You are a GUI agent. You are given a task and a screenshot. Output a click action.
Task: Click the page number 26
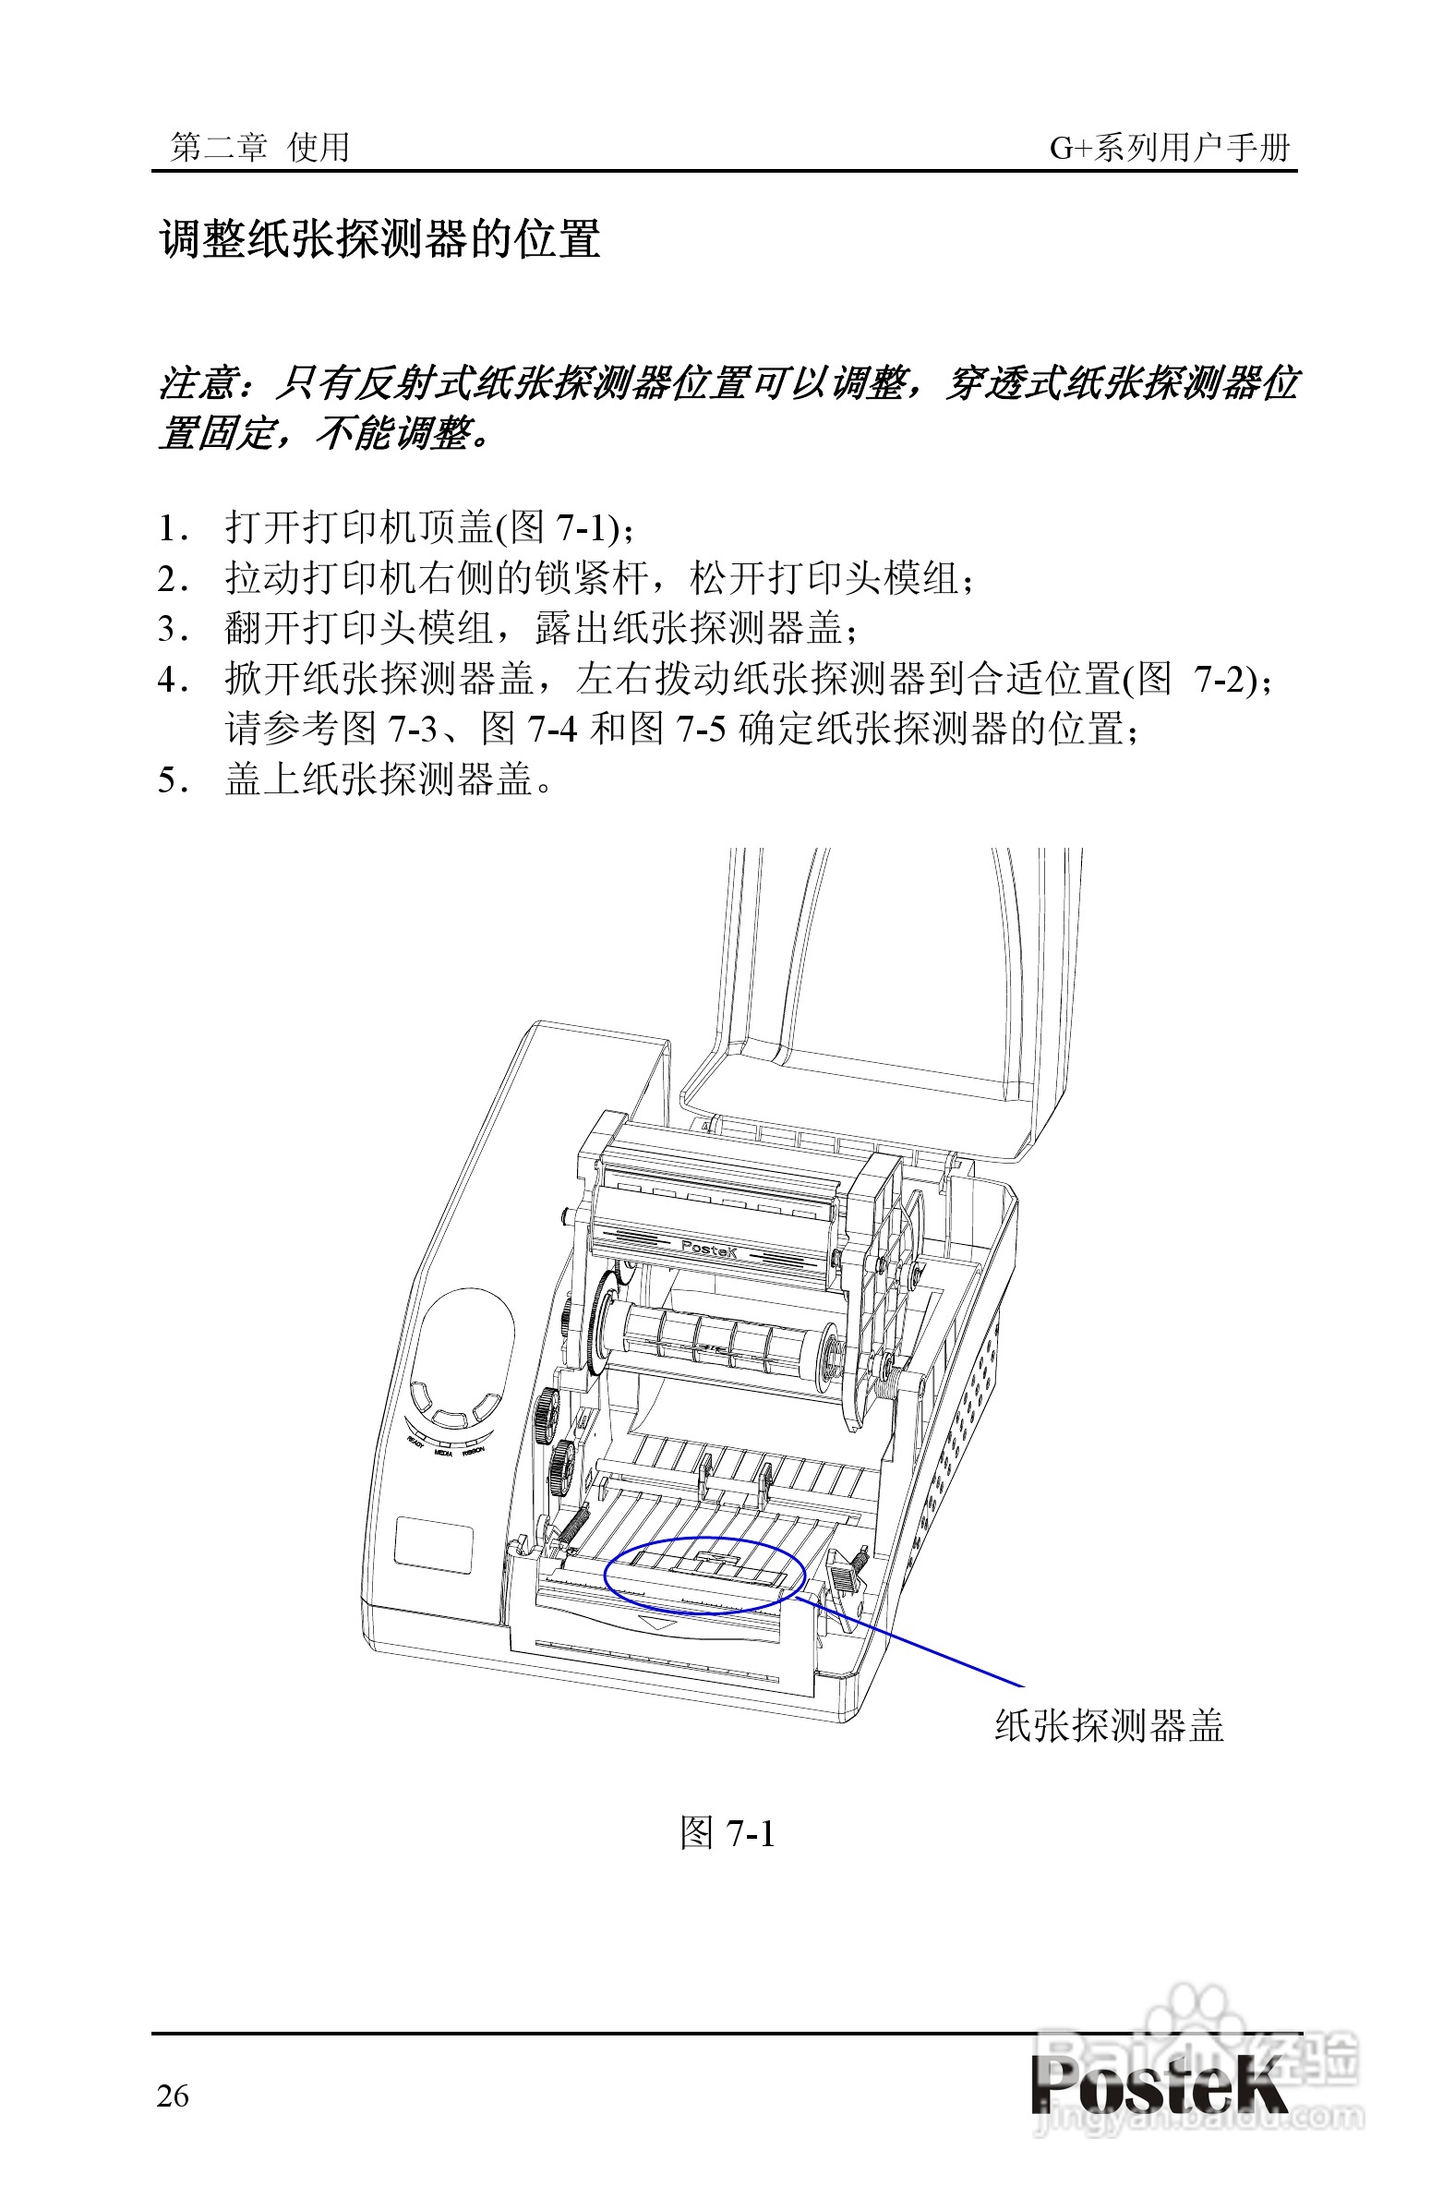[x=173, y=2095]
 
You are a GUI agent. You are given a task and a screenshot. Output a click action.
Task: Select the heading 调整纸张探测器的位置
[x=379, y=239]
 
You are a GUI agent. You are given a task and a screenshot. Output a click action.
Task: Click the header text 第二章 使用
[x=259, y=147]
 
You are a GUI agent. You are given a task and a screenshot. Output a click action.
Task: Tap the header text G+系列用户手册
[x=1169, y=147]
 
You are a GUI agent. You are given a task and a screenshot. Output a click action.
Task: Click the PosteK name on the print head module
[x=708, y=1250]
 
